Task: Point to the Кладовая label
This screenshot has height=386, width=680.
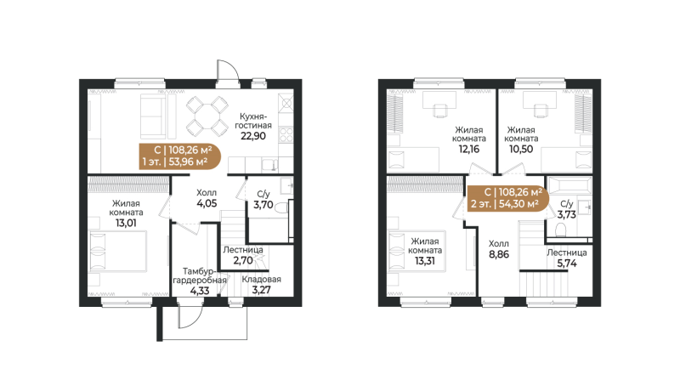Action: [261, 279]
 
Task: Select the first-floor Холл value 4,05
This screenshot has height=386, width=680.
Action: [207, 204]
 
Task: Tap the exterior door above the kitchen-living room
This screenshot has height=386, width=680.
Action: [226, 72]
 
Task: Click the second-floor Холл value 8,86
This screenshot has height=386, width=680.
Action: [499, 253]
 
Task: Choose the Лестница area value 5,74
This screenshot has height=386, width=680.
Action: [566, 265]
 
